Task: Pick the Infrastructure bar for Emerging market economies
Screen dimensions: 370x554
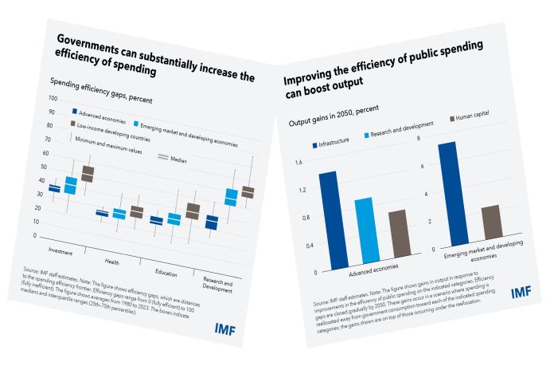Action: click(x=448, y=191)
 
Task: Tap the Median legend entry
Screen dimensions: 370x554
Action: click(x=176, y=159)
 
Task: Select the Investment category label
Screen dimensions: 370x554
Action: click(x=61, y=251)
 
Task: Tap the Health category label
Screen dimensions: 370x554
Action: click(x=114, y=261)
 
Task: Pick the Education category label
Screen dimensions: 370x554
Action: click(x=165, y=272)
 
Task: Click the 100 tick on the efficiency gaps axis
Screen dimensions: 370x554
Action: click(x=53, y=98)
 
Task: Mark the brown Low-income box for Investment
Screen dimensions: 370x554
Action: click(x=88, y=173)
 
